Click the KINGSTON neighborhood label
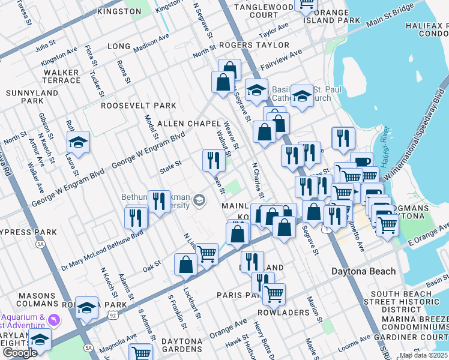103,11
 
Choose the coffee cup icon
361,163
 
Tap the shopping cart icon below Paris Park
274,293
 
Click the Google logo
20,353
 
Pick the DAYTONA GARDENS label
173,341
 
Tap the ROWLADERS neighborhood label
283,313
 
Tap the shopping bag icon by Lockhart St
185,263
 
